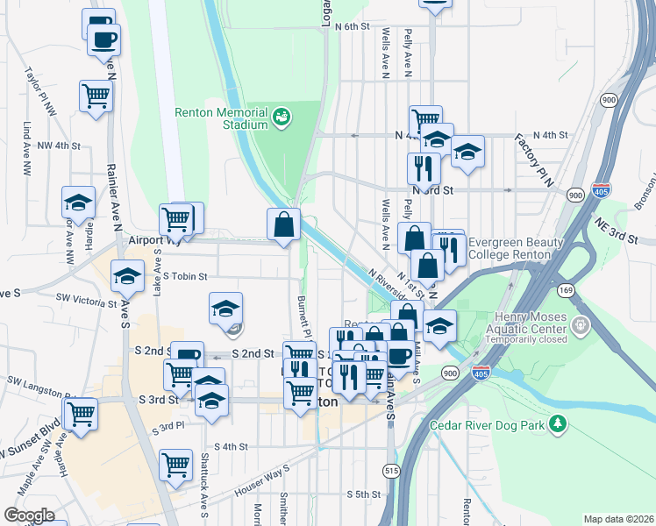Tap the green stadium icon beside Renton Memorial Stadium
pos(282,116)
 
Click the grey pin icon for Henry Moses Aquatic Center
pos(580,326)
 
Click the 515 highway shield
pos(389,471)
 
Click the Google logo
pos(29,515)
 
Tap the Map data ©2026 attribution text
pos(618,519)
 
